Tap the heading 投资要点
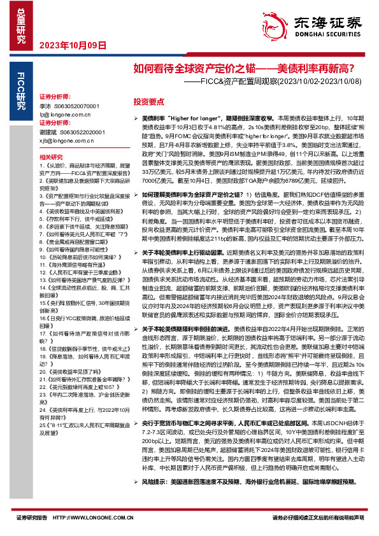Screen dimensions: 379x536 click(x=149, y=102)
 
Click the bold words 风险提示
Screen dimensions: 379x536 click(x=156, y=499)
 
